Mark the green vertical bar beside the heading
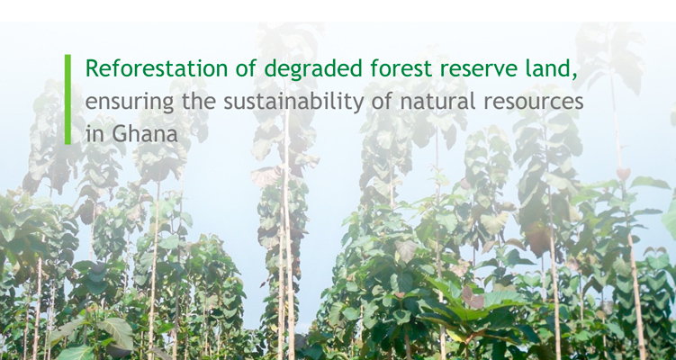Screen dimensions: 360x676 coord(68,99)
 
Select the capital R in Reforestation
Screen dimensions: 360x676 coord(92,69)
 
